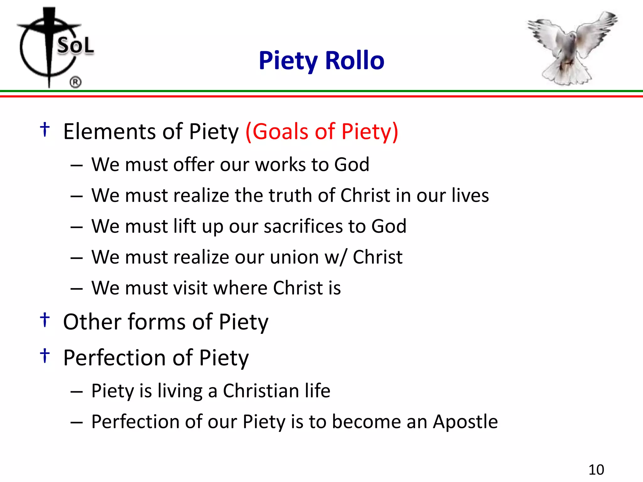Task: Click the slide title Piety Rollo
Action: tap(321, 61)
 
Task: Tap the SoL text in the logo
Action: tap(75, 46)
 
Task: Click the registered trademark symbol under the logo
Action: tap(75, 82)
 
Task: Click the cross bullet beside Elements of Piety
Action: tap(45, 129)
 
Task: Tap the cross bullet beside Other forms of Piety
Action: tap(45, 320)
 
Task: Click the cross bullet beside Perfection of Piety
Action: tap(45, 356)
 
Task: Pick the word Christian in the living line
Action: tap(261, 391)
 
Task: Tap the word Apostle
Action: tap(465, 421)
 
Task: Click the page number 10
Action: tap(596, 470)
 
